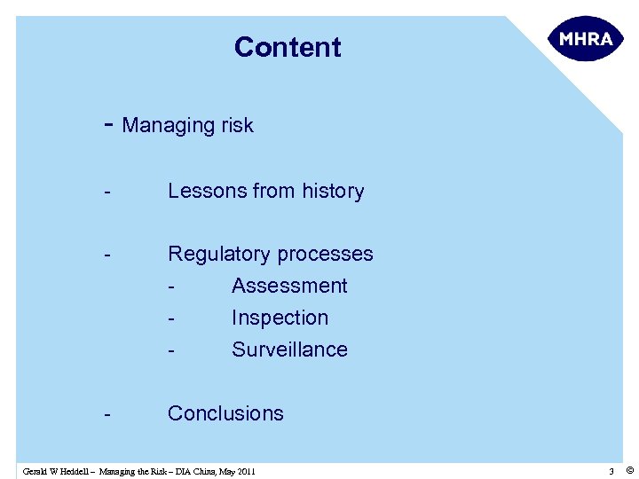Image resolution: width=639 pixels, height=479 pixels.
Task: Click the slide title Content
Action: coord(288,47)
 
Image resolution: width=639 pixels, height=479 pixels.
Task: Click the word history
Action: coord(333,192)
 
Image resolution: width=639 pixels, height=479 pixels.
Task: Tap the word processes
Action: coord(326,255)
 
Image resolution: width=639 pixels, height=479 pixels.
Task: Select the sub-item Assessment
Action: coord(289,286)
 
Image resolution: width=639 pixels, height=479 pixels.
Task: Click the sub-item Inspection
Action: coord(280,318)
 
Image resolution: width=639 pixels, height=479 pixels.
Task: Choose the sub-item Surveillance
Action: coord(289,349)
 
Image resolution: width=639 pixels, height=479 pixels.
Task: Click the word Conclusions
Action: coord(225,413)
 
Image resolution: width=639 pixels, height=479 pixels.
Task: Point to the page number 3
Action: coord(611,471)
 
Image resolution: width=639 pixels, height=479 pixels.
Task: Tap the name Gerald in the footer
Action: coord(37,471)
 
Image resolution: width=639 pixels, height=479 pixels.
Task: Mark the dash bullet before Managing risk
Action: coord(108,125)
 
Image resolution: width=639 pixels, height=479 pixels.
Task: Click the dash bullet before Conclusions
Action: coord(106,414)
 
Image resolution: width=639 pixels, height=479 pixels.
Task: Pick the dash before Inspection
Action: coord(170,318)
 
